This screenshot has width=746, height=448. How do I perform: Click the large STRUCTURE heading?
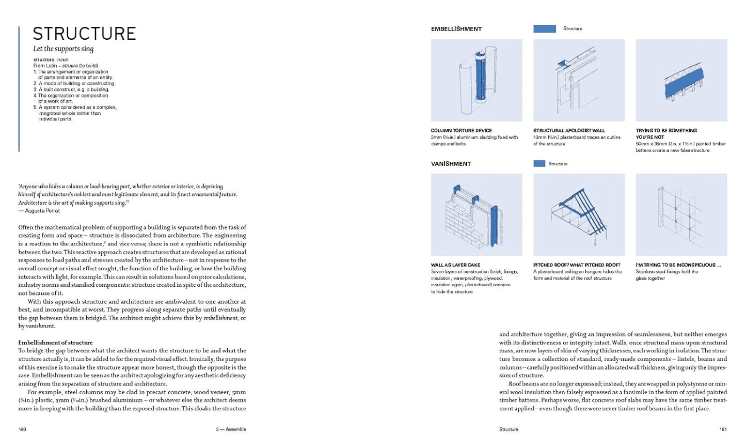click(x=84, y=34)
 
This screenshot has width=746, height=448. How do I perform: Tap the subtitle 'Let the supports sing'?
click(x=63, y=49)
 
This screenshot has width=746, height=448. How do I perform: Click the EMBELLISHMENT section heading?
click(x=456, y=29)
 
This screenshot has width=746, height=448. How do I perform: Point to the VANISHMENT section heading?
click(x=451, y=164)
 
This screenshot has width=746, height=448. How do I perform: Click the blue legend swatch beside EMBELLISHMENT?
click(x=544, y=29)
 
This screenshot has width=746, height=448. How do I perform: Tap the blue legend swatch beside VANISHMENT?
click(x=539, y=164)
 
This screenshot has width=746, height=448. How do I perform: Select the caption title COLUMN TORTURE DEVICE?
click(x=461, y=131)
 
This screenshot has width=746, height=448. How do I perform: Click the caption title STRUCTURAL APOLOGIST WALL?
click(x=568, y=131)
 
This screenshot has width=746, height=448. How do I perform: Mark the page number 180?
click(x=22, y=429)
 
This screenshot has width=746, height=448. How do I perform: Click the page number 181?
click(x=723, y=429)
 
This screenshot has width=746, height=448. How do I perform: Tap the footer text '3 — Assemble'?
click(x=231, y=429)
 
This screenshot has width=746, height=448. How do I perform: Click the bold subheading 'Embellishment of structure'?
click(x=55, y=343)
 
